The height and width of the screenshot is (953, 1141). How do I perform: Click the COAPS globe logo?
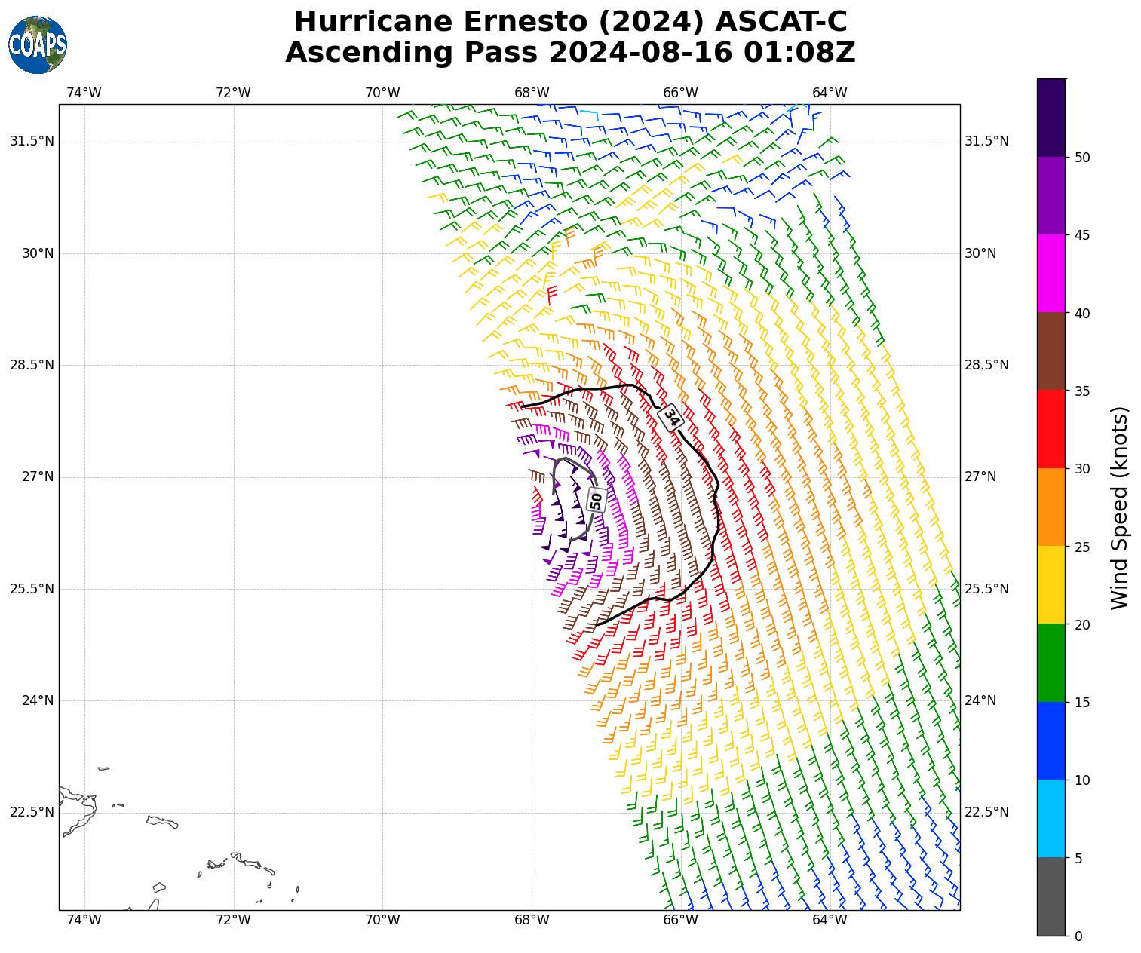(38, 44)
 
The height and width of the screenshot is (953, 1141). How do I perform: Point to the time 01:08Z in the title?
(799, 53)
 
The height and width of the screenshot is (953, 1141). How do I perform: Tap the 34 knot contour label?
(670, 417)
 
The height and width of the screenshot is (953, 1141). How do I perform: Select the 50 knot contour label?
(597, 499)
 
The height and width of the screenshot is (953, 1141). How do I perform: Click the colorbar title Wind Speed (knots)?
(1119, 507)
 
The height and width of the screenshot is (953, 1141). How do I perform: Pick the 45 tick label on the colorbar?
(1081, 235)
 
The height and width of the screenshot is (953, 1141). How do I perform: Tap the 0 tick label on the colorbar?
(1078, 936)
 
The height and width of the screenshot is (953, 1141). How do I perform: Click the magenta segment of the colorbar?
(1051, 273)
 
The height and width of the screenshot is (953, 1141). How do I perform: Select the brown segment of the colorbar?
(1051, 351)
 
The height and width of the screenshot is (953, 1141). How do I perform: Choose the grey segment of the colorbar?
(1051, 896)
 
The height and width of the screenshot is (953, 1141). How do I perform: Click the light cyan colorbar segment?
(1051, 818)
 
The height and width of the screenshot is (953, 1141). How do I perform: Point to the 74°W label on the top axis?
(84, 93)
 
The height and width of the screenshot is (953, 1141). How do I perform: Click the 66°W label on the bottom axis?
(680, 920)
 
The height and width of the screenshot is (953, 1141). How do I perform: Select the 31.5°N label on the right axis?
(986, 141)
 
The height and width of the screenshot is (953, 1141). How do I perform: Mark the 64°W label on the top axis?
(830, 93)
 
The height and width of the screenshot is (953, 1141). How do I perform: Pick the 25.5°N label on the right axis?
(986, 589)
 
